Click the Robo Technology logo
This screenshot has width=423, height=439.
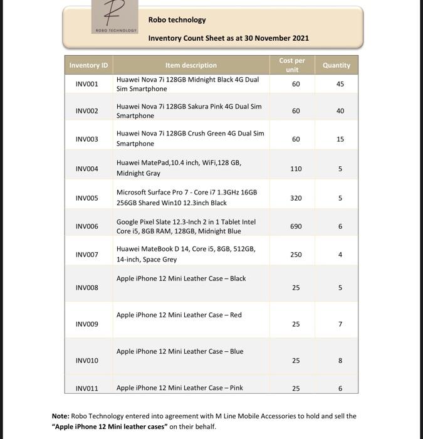click(x=115, y=16)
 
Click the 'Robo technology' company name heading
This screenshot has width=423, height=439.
click(x=177, y=19)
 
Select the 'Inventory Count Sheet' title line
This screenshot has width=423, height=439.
click(x=228, y=38)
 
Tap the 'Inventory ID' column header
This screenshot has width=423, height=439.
click(x=88, y=65)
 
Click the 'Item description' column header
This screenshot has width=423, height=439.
click(x=191, y=65)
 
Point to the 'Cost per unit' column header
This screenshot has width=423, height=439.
click(x=292, y=65)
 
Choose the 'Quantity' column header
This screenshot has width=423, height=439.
click(x=337, y=65)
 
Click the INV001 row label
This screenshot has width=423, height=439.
click(x=87, y=84)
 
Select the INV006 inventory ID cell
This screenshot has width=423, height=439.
click(x=87, y=226)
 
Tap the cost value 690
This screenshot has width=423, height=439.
click(x=296, y=226)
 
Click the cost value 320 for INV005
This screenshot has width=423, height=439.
click(x=296, y=198)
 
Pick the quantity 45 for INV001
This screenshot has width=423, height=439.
click(x=340, y=84)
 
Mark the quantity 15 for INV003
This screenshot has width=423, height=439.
click(x=340, y=139)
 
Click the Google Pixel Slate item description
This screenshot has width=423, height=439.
click(x=186, y=226)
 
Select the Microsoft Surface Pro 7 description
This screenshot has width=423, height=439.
click(x=187, y=198)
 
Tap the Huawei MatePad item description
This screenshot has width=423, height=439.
click(x=179, y=167)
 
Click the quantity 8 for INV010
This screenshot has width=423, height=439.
click(x=340, y=361)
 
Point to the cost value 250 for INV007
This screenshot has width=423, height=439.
click(x=296, y=255)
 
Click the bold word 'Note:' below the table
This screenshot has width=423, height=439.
click(x=60, y=416)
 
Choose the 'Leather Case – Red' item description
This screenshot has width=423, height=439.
click(x=179, y=315)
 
